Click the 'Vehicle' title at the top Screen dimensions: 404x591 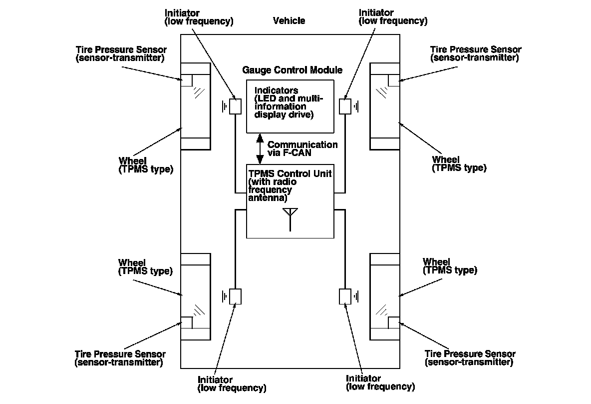pyautogui.click(x=289, y=21)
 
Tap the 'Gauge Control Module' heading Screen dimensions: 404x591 pyautogui.click(x=292, y=70)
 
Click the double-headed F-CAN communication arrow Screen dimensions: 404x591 pyautogui.click(x=260, y=148)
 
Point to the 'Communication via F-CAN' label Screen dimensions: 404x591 pyautogui.click(x=302, y=148)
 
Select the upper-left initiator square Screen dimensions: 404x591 pyautogui.click(x=236, y=106)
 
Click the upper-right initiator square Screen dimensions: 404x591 pyautogui.click(x=345, y=106)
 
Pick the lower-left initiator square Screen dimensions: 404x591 pyautogui.click(x=236, y=296)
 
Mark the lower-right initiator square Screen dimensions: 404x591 pyautogui.click(x=345, y=296)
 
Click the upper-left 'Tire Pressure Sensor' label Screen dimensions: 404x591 pyautogui.click(x=121, y=53)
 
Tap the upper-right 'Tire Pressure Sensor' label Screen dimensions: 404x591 pyautogui.click(x=476, y=53)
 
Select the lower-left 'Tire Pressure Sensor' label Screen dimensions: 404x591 pyautogui.click(x=120, y=358)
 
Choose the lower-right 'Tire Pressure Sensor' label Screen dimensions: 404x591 pyautogui.click(x=470, y=358)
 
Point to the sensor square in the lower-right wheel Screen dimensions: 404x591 pyautogui.click(x=394, y=322)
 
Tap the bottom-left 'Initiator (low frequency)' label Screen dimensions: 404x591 pyautogui.click(x=232, y=383)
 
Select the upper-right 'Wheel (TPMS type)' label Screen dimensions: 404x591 pyautogui.click(x=459, y=164)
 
